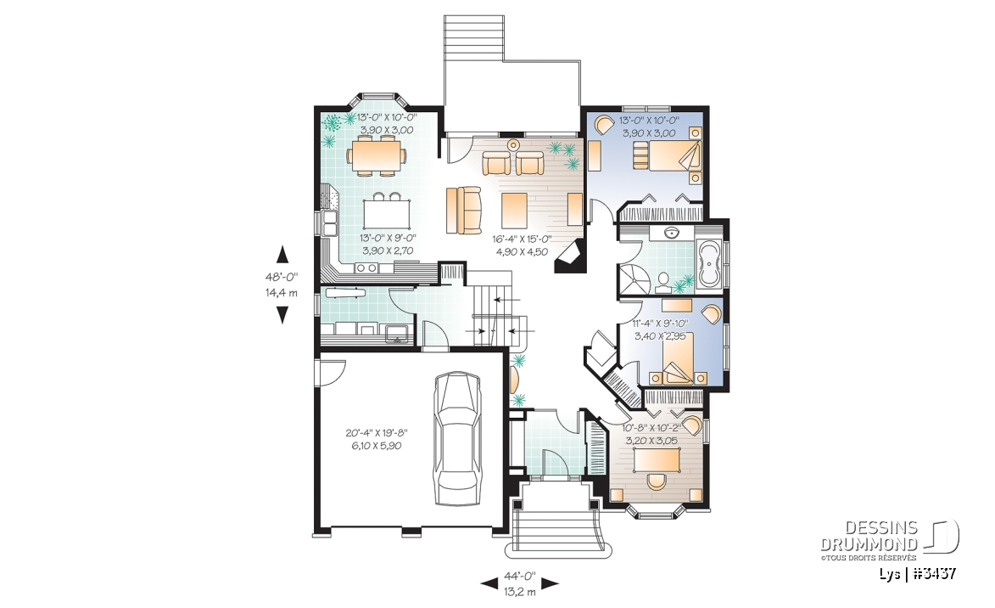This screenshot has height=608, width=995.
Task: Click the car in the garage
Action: click(x=456, y=438)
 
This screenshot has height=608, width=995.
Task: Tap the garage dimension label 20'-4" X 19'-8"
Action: click(x=377, y=433)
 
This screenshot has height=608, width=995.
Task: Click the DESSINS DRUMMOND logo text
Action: click(x=869, y=536)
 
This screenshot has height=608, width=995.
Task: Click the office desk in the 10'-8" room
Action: click(x=657, y=460)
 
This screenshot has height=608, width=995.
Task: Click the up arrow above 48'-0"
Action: click(x=282, y=254)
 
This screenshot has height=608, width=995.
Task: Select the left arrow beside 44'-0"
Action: click(x=489, y=582)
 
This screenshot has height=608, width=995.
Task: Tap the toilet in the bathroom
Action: click(x=665, y=280)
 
